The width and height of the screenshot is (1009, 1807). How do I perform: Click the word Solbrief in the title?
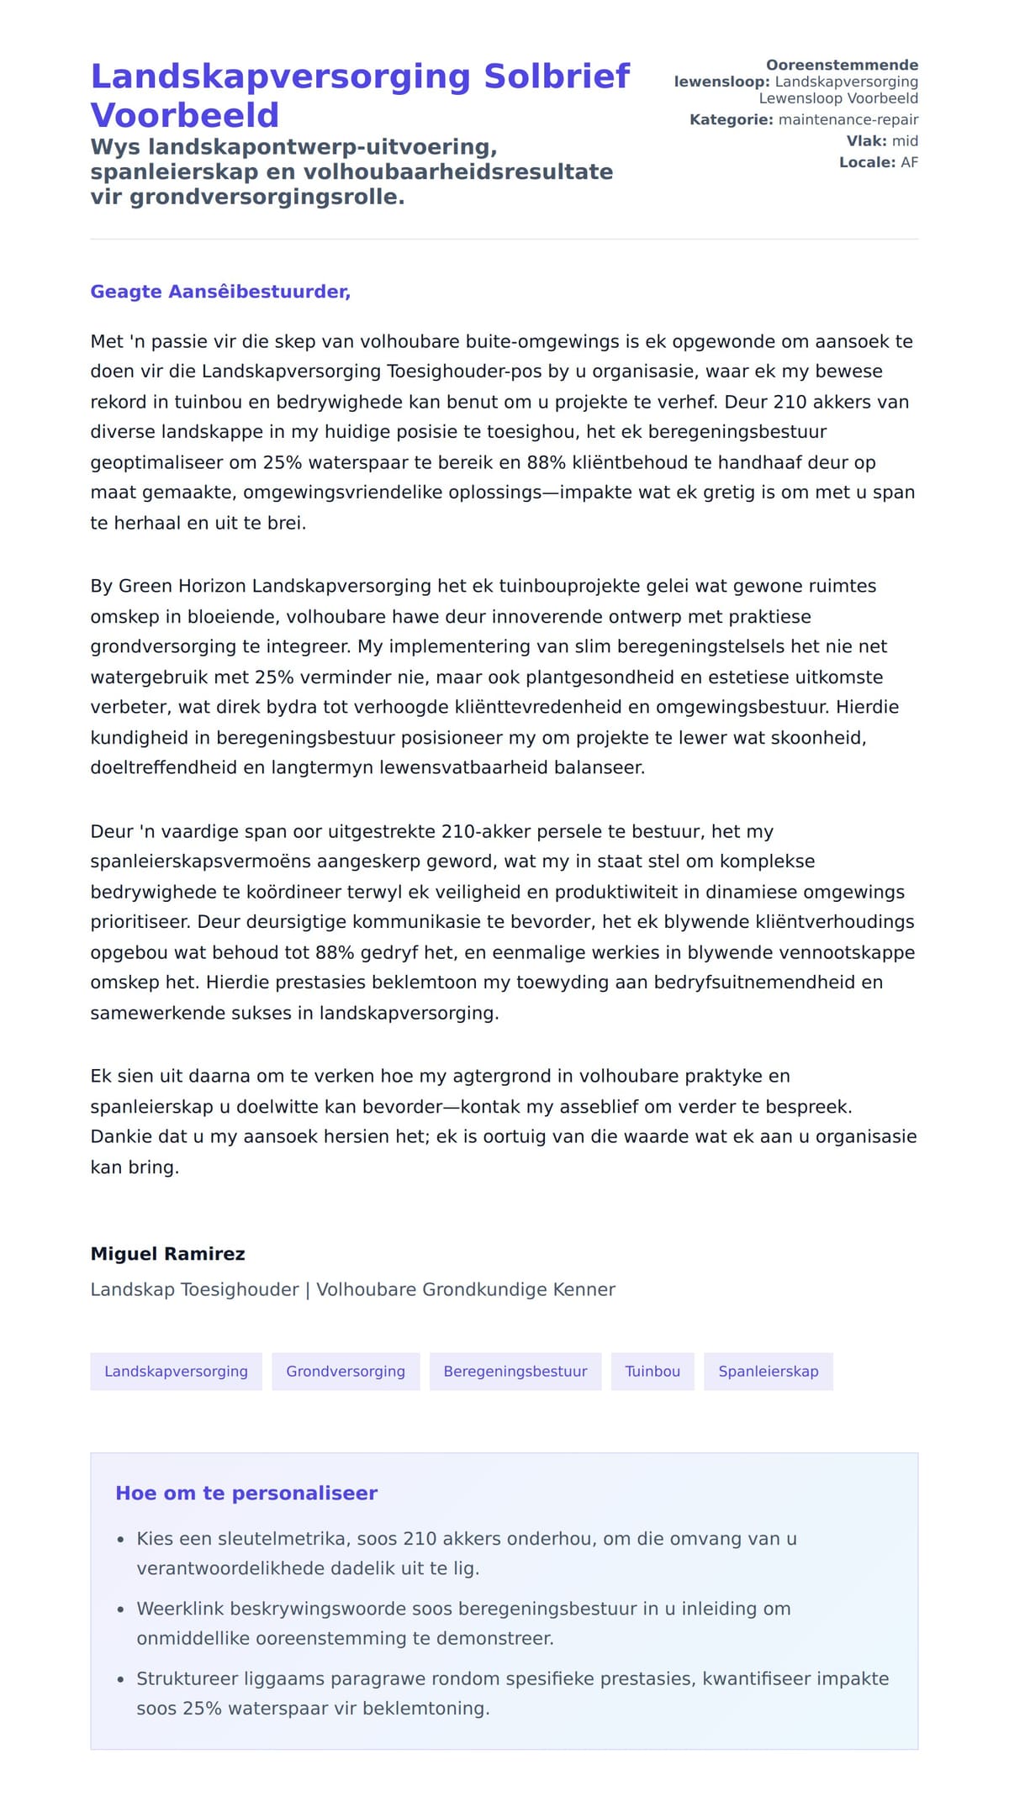coord(557,76)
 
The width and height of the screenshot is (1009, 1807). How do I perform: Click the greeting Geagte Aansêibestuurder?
coord(220,292)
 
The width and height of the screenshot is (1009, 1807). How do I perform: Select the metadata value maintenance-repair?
coord(848,119)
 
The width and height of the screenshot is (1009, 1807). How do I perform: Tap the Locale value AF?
coord(909,162)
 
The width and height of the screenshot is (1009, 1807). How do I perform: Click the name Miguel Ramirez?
coord(167,1254)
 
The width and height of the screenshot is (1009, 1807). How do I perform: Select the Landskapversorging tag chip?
coord(176,1372)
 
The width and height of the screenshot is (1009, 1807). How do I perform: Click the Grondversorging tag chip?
coord(346,1372)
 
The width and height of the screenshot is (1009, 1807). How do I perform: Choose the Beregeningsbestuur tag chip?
coord(515,1372)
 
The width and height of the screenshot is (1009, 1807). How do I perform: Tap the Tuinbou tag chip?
coord(652,1372)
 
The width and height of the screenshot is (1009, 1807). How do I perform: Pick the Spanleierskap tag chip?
coord(768,1372)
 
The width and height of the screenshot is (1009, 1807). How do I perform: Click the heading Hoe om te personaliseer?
coord(246,1494)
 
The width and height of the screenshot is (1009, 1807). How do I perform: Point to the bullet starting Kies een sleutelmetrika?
coord(467,1539)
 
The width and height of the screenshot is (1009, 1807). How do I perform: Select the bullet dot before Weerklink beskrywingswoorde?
coord(120,1609)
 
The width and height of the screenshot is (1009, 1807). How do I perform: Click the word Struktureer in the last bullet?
coord(188,1678)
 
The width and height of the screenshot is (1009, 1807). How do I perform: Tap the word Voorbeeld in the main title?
coord(184,115)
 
